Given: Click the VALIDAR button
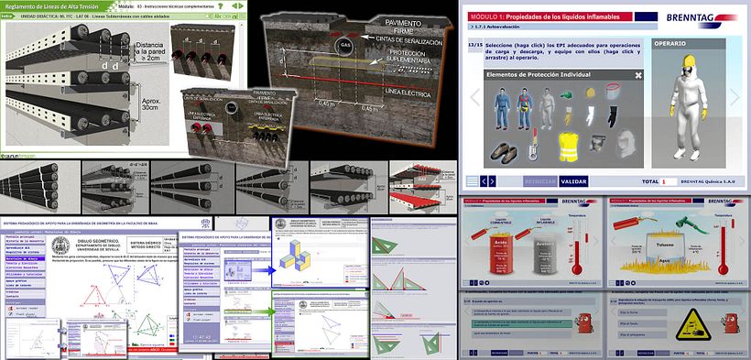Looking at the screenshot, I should pos(573,181).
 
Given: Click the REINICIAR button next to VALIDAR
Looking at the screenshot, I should pos(540,181).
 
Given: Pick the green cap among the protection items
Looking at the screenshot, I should pos(567,94).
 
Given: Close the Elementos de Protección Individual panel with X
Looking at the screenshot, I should pos(637,74).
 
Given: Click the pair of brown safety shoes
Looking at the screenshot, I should pos(502,149).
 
